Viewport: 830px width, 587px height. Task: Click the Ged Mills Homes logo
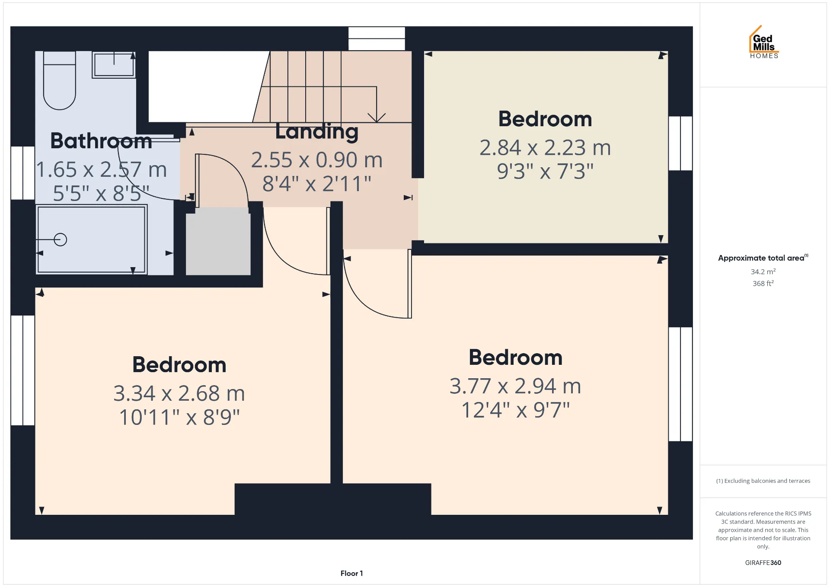point(764,42)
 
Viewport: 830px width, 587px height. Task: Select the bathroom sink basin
point(114,65)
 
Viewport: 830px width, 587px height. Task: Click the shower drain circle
point(61,239)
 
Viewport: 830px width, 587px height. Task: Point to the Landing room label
point(317,131)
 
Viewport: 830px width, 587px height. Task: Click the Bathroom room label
point(101,141)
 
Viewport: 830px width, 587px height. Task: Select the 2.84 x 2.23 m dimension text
point(545,148)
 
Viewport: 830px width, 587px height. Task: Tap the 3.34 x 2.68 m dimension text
point(179,393)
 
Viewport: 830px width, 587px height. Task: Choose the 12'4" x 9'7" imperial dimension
point(516,410)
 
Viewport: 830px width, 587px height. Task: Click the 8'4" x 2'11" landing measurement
point(317,184)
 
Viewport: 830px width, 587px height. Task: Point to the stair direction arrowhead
point(377,118)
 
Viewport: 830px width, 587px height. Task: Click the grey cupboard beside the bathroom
point(218,241)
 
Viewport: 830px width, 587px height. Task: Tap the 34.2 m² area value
point(763,271)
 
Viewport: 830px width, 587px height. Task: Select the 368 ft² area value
point(763,284)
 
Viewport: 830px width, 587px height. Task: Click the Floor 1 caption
point(351,573)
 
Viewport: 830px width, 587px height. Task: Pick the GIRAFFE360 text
point(763,562)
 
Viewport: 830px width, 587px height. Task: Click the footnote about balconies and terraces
point(763,481)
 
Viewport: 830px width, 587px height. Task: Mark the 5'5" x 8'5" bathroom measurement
point(101,194)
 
